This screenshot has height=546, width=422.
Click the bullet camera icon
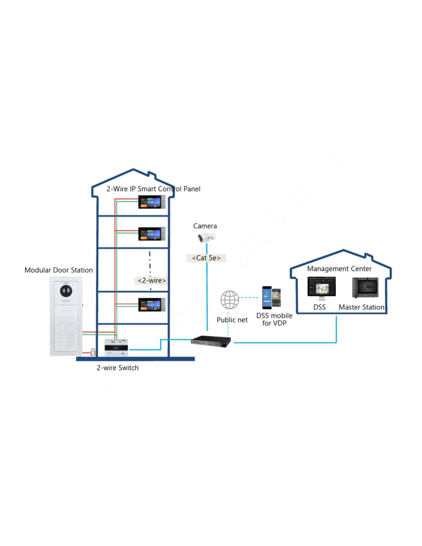pyautogui.click(x=206, y=237)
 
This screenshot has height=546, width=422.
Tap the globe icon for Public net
pyautogui.click(x=229, y=299)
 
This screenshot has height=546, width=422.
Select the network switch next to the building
pyautogui.click(x=211, y=341)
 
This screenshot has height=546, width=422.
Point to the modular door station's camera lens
pyautogui.click(x=66, y=291)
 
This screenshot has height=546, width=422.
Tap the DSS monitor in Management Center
pyautogui.click(x=321, y=287)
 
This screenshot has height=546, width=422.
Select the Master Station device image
pyautogui.click(x=365, y=287)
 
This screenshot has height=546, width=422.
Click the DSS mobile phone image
pyautogui.click(x=271, y=297)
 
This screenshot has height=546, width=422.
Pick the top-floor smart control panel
pyautogui.click(x=152, y=202)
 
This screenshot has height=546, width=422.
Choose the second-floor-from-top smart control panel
pyautogui.click(x=152, y=234)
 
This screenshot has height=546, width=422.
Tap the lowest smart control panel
pyautogui.click(x=152, y=304)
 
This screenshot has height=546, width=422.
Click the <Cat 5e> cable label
pyautogui.click(x=206, y=258)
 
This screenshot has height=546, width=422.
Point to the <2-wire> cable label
pyautogui.click(x=152, y=281)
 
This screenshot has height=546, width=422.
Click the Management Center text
pyautogui.click(x=339, y=269)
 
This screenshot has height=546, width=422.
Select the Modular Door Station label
pyautogui.click(x=59, y=270)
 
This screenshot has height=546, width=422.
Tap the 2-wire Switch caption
pyautogui.click(x=117, y=367)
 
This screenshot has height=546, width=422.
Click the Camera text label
pyautogui.click(x=205, y=226)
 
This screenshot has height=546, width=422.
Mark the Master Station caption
pyautogui.click(x=361, y=307)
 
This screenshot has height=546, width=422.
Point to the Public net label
pyautogui.click(x=232, y=320)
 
